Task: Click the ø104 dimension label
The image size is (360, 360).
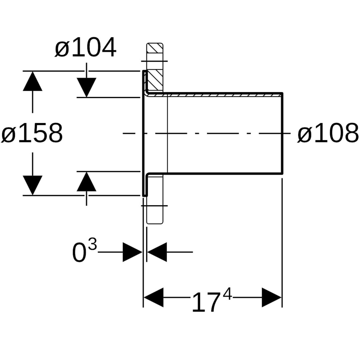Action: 85,48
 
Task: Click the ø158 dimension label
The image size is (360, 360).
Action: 32,133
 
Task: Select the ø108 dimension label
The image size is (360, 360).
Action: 328,133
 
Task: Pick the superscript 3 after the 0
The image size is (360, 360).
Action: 92,245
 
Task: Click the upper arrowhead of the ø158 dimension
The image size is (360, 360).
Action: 33,81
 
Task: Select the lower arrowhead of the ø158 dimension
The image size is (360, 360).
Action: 33,185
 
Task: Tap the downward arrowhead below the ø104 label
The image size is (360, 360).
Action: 86,87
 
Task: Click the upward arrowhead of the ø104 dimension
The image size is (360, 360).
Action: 86,182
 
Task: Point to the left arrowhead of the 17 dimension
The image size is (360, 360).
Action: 153,297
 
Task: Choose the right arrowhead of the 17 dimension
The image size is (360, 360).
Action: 272,297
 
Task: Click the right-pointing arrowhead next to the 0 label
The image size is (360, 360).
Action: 132,252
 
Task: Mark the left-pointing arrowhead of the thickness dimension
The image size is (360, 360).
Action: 157,252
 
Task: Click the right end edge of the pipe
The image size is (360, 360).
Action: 282,133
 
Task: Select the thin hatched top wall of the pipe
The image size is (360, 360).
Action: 217,95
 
